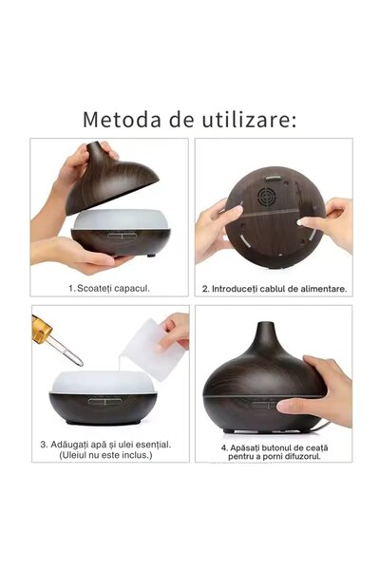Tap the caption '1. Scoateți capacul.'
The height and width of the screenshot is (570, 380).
coord(108,287)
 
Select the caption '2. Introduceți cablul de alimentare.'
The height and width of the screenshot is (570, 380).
coord(274,288)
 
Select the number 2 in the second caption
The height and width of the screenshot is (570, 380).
coord(204,288)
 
